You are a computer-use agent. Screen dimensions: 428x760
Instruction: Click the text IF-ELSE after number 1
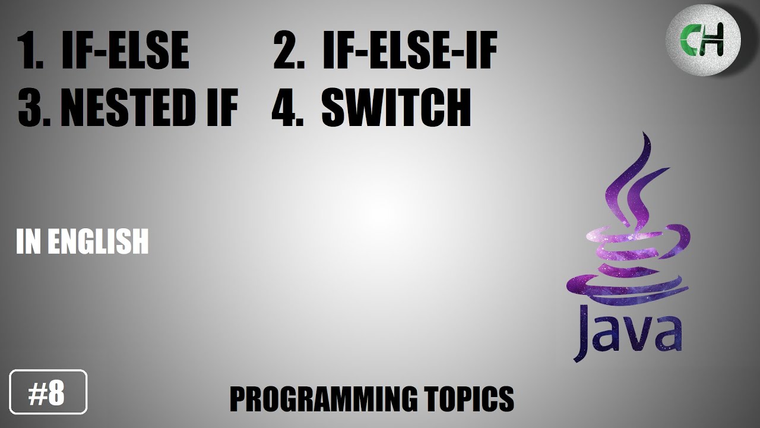pos(125,51)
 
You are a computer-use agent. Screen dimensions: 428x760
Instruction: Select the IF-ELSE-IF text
pos(409,51)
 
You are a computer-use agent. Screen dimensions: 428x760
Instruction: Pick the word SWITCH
pos(396,109)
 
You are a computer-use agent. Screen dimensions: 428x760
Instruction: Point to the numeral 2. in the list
pos(289,52)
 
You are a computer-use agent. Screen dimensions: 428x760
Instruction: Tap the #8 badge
pos(49,392)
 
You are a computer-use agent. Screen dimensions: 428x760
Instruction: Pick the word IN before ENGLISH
pos(28,242)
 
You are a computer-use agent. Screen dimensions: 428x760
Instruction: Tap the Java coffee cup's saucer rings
pos(629,285)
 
